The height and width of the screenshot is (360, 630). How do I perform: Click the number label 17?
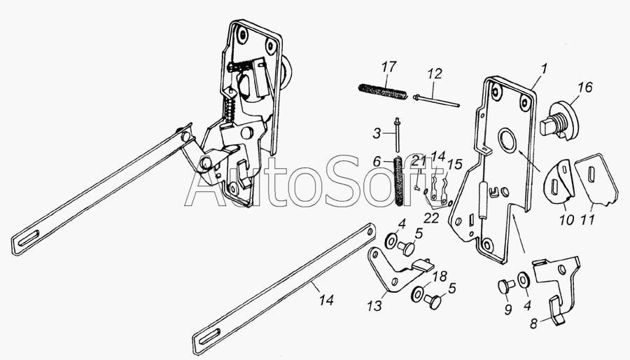click(x=389, y=67)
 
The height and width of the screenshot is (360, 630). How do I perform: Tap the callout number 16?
click(x=585, y=87)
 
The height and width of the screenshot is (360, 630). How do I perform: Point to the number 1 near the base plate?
click(x=543, y=69)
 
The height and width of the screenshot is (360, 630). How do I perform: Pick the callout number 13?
click(x=374, y=306)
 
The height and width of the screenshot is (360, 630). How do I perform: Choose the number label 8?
click(x=533, y=324)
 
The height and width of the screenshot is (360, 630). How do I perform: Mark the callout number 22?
click(x=431, y=217)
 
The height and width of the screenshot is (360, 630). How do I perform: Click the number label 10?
click(x=566, y=220)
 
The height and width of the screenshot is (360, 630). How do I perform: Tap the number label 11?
click(x=588, y=219)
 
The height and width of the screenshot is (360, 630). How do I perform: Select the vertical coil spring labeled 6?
click(x=398, y=181)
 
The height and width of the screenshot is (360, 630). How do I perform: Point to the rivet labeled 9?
click(x=506, y=287)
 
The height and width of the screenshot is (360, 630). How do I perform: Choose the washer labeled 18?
click(x=417, y=293)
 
